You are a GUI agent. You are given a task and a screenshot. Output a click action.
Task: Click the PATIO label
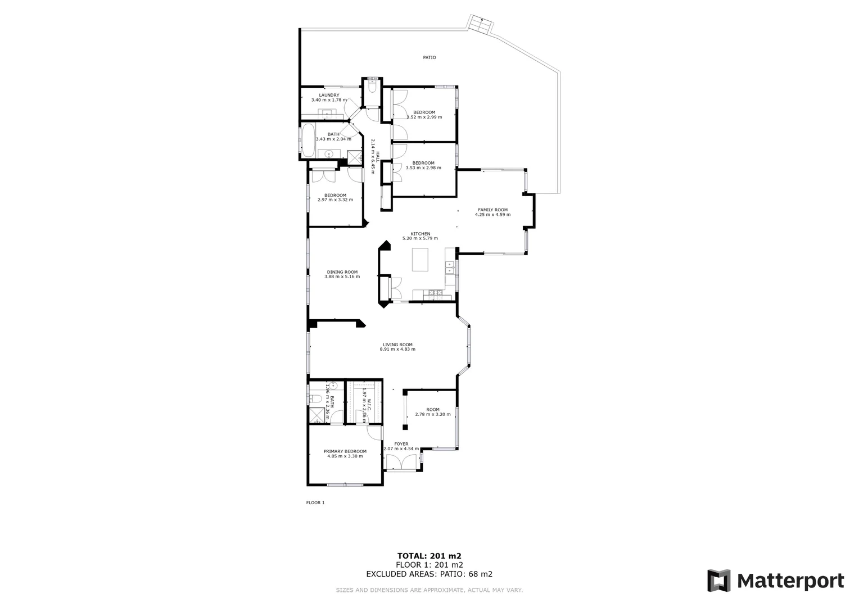pyautogui.click(x=430, y=57)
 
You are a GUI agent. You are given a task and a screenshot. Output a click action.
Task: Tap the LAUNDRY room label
pyautogui.click(x=329, y=95)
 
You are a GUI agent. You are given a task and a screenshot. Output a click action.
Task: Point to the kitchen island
pyautogui.click(x=420, y=260)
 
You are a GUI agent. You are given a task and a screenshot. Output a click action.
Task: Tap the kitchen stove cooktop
pyautogui.click(x=433, y=292)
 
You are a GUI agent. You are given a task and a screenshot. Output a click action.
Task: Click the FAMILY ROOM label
pyautogui.click(x=492, y=210)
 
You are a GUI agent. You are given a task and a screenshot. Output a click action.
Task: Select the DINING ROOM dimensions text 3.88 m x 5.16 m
pyautogui.click(x=342, y=277)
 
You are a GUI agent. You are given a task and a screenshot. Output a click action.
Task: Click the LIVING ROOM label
pyautogui.click(x=397, y=345)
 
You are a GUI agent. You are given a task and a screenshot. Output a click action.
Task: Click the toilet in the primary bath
pyautogui.click(x=316, y=398)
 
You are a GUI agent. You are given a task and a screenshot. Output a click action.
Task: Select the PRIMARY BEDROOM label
pyautogui.click(x=345, y=451)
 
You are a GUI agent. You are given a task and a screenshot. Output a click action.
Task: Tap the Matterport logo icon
pyautogui.click(x=718, y=581)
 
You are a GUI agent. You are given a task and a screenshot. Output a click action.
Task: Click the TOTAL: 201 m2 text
pyautogui.click(x=430, y=556)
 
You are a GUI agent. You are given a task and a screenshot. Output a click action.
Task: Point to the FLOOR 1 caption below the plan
pyautogui.click(x=315, y=502)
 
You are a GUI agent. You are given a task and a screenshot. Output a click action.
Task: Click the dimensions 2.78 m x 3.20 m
pyautogui.click(x=432, y=414)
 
